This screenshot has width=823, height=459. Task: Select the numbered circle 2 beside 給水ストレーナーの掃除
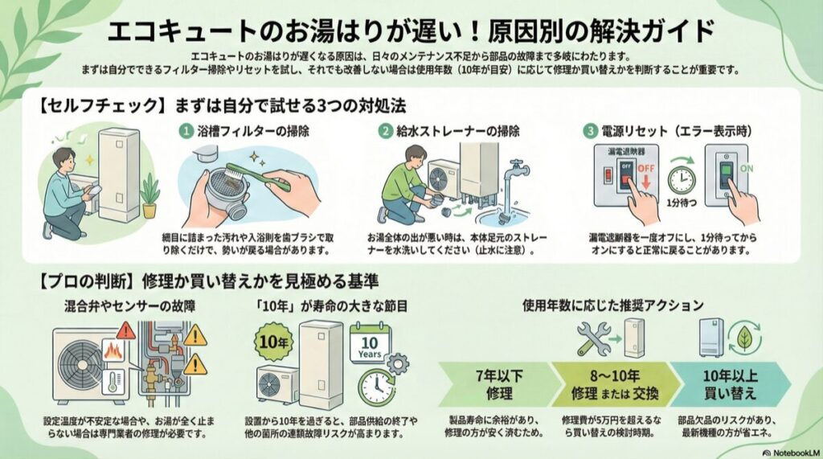coord(387,129)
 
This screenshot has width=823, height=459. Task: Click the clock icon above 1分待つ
coord(681,179)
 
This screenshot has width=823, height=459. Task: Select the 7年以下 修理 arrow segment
coord(490,383)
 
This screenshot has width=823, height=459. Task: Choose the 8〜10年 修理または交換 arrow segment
coord(612,383)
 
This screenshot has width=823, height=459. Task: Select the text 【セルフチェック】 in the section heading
coord(76,105)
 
